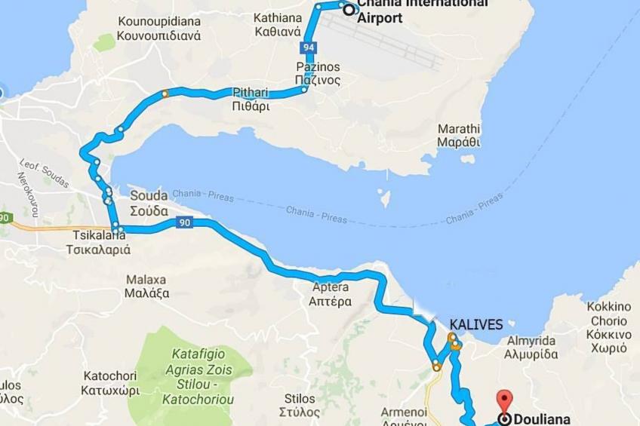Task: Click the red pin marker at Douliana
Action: (x=504, y=399)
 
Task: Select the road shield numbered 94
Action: (x=307, y=48)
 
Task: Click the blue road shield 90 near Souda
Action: (x=185, y=222)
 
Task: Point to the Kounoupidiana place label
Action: (x=158, y=28)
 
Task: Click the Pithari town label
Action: (x=251, y=99)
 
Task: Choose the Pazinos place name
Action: (x=318, y=73)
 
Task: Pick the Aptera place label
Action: (x=330, y=294)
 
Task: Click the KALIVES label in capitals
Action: (x=475, y=325)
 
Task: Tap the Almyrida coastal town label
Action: (x=531, y=347)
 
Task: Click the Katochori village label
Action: (x=110, y=383)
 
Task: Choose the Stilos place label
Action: (x=300, y=405)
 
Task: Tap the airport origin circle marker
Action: (x=349, y=10)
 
